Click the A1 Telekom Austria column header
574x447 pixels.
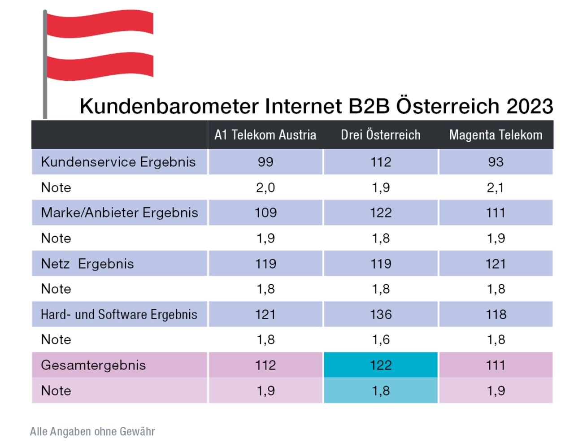[x=265, y=135]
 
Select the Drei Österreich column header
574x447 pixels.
[x=380, y=135]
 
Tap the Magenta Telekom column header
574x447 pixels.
[x=496, y=135]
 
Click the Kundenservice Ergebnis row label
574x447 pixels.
[x=118, y=162]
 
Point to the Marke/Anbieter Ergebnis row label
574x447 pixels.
[x=119, y=213]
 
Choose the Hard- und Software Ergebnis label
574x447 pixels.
[x=119, y=314]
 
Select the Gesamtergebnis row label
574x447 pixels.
[x=93, y=365]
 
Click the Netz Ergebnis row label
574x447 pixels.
[x=87, y=264]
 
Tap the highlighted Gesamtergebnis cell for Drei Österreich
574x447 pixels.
[x=381, y=365]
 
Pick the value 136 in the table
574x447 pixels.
[x=381, y=314]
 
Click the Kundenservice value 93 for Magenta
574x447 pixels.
[x=496, y=162]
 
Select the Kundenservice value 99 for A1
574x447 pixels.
[x=265, y=162]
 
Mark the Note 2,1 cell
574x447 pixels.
[x=496, y=187]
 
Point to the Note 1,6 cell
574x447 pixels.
[x=381, y=340]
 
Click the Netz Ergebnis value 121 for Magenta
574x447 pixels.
[x=496, y=264]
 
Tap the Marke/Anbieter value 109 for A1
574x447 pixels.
[x=265, y=213]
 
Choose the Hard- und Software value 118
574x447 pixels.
[x=496, y=314]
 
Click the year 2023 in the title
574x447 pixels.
[x=530, y=107]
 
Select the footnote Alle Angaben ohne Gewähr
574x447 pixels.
[x=92, y=431]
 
